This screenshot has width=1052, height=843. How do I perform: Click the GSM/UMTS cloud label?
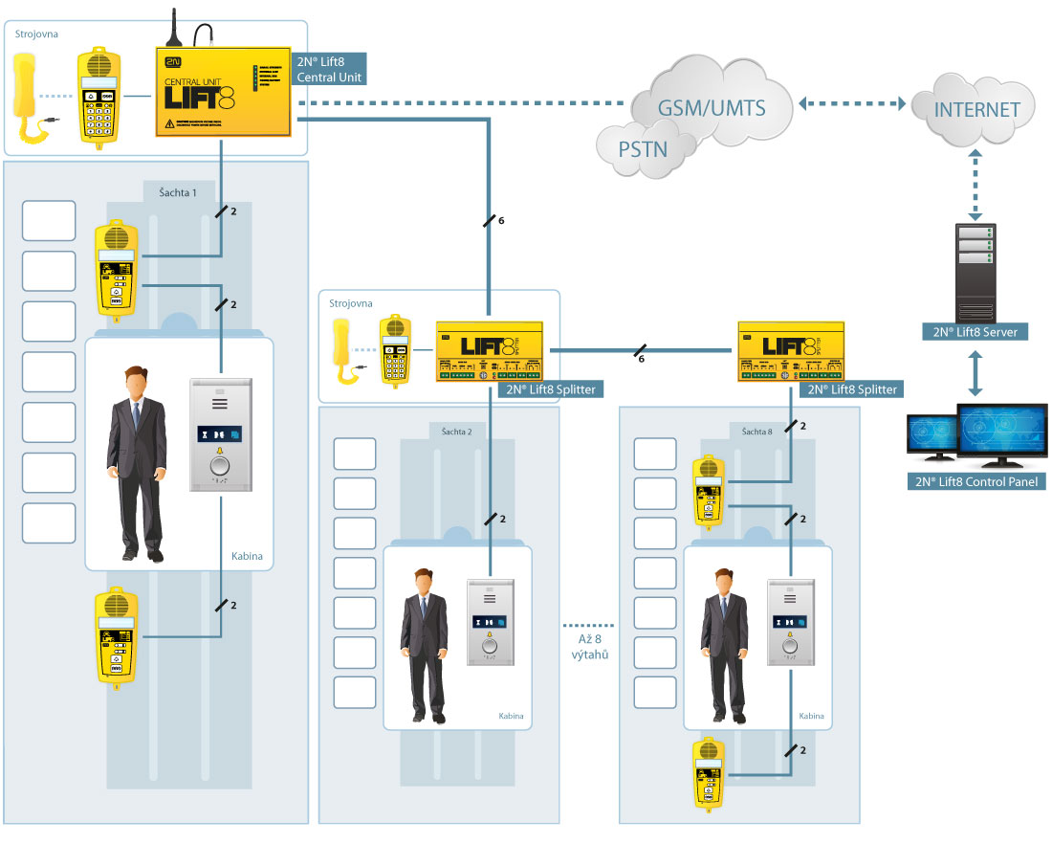(x=712, y=107)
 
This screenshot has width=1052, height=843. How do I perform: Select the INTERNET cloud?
(x=976, y=109)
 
